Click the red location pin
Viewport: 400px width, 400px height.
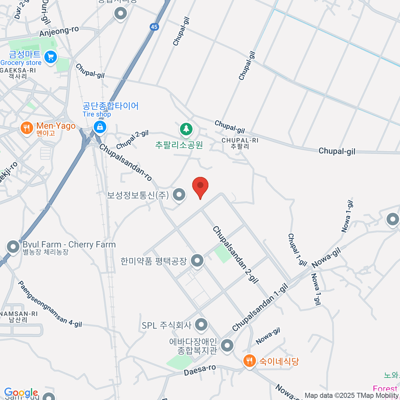[x=200, y=187]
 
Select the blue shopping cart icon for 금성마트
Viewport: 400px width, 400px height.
[x=51, y=57]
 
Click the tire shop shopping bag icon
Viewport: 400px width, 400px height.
[x=99, y=127]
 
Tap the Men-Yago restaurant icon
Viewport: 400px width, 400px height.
[x=26, y=127]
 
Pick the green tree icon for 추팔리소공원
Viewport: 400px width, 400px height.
[x=186, y=129]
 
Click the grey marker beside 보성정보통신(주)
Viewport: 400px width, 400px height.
[x=179, y=194]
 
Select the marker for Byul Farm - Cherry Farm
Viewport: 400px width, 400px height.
[x=13, y=247]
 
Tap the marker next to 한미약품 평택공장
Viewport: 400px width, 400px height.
[x=197, y=260]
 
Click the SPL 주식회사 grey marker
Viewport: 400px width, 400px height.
[x=201, y=325]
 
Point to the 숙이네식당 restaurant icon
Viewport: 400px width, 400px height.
[x=249, y=361]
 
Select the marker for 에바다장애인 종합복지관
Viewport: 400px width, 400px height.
[x=227, y=345]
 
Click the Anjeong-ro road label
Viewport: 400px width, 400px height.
[x=59, y=31]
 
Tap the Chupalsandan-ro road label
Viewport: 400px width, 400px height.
[x=125, y=162]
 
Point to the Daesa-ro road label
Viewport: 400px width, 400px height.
[x=200, y=370]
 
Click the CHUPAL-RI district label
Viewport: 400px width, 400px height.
[x=240, y=140]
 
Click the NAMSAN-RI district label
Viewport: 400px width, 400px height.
[x=19, y=314]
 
